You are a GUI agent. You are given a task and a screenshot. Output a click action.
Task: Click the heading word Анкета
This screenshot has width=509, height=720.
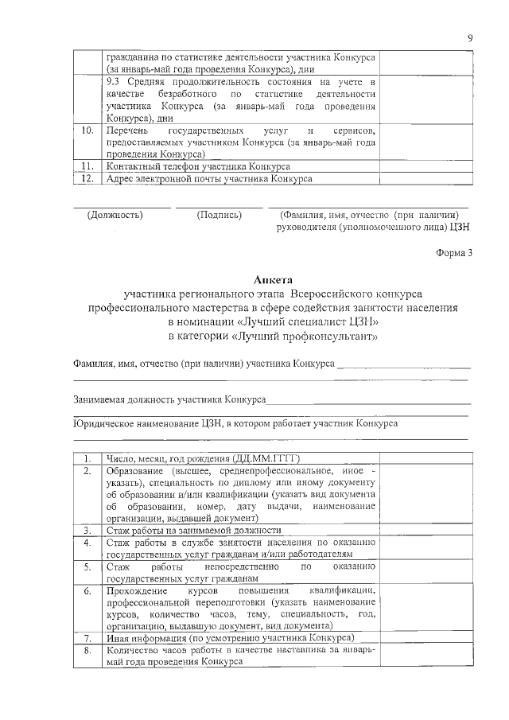[x=273, y=279]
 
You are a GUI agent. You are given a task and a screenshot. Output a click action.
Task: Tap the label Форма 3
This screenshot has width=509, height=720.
[x=454, y=252]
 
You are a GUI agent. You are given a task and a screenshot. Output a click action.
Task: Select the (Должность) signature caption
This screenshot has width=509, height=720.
[x=115, y=215]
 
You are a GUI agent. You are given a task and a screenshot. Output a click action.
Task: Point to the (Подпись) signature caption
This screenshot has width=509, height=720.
[x=219, y=215]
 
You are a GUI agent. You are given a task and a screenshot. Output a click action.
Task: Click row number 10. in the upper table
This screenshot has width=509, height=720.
[x=88, y=130]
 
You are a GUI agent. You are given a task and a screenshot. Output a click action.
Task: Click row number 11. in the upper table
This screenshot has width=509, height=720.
[x=88, y=166]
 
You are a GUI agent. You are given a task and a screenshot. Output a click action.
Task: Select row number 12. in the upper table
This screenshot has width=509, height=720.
[x=88, y=179]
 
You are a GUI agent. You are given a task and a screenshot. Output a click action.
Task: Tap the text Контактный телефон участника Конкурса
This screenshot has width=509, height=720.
[x=197, y=166]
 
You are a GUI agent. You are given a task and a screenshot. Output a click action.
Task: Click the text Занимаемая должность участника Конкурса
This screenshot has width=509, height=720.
[x=169, y=399]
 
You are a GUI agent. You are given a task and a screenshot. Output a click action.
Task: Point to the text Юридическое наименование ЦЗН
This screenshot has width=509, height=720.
[x=147, y=424]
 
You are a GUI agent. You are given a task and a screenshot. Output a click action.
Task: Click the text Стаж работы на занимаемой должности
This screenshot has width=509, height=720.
[x=193, y=530]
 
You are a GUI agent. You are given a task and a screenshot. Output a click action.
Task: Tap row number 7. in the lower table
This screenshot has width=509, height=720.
[x=88, y=639]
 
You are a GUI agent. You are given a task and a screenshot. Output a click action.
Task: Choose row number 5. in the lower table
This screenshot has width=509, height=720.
[x=88, y=567]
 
